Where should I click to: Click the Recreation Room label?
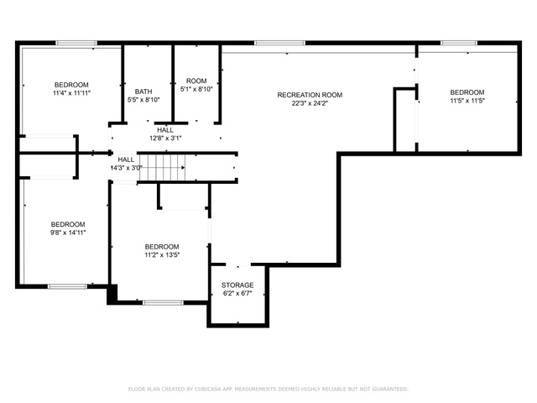[310, 95]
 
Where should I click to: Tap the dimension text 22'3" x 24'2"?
[310, 103]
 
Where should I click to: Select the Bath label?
[143, 92]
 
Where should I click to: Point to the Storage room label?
[237, 285]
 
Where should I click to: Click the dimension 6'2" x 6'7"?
[237, 293]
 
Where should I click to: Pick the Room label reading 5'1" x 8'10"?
[196, 81]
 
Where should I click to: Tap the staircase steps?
[162, 167]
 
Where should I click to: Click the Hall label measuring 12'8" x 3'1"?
[165, 130]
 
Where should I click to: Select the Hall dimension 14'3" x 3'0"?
[126, 168]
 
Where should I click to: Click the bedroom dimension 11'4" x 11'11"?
[71, 93]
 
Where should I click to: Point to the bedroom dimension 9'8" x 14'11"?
[68, 233]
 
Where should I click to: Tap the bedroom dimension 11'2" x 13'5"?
[162, 255]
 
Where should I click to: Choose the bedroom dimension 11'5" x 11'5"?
[467, 101]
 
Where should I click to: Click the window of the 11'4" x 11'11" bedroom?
[76, 43]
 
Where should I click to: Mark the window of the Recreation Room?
[279, 43]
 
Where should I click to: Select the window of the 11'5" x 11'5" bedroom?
[459, 43]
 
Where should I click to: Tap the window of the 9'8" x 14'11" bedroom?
[67, 286]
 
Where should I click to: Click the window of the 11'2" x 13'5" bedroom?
[163, 302]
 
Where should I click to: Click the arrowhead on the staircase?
[183, 168]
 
